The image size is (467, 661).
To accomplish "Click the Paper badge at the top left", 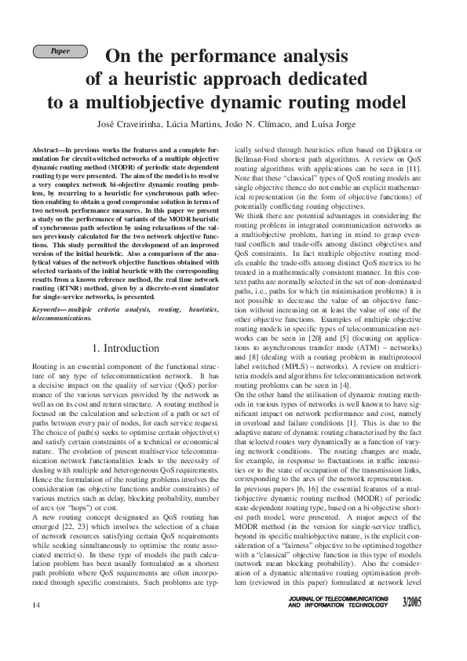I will coord(59,51).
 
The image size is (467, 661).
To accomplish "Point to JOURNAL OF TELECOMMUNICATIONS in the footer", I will coord(338,620).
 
